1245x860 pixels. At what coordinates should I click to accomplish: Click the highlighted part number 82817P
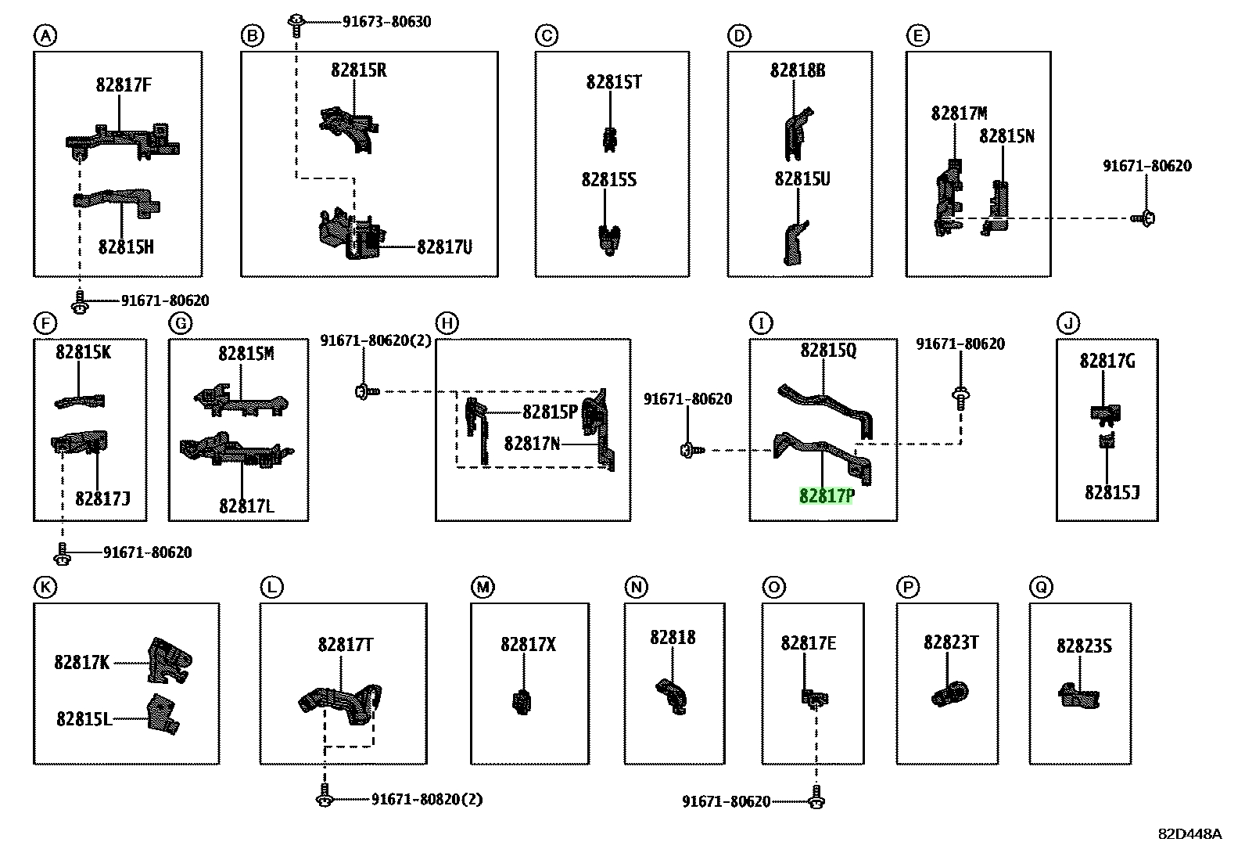[827, 495]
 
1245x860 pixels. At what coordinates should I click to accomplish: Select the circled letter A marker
[45, 36]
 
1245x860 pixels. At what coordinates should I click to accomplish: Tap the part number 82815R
[358, 70]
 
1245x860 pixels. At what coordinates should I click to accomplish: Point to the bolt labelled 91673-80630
[296, 26]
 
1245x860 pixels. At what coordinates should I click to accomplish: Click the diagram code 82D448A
[1189, 834]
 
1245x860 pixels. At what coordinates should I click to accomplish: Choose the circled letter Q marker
[1040, 587]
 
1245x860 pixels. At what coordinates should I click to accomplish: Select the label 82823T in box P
[951, 642]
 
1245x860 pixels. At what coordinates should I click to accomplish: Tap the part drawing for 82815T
[610, 139]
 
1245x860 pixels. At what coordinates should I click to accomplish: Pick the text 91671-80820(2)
[427, 800]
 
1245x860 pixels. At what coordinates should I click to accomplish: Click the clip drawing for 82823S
[1078, 696]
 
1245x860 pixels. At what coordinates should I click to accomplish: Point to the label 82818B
[798, 70]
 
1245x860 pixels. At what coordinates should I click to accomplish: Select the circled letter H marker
[447, 323]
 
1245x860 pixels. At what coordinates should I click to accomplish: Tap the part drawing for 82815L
[163, 714]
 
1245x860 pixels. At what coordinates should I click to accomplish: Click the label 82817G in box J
[1107, 361]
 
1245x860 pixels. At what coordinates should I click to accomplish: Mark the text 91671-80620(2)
[375, 340]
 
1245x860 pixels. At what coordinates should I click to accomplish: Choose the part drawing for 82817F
[123, 142]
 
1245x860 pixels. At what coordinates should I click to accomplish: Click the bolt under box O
[816, 797]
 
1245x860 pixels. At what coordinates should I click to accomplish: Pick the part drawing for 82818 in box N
[673, 696]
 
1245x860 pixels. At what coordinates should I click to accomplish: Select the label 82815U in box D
[802, 179]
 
